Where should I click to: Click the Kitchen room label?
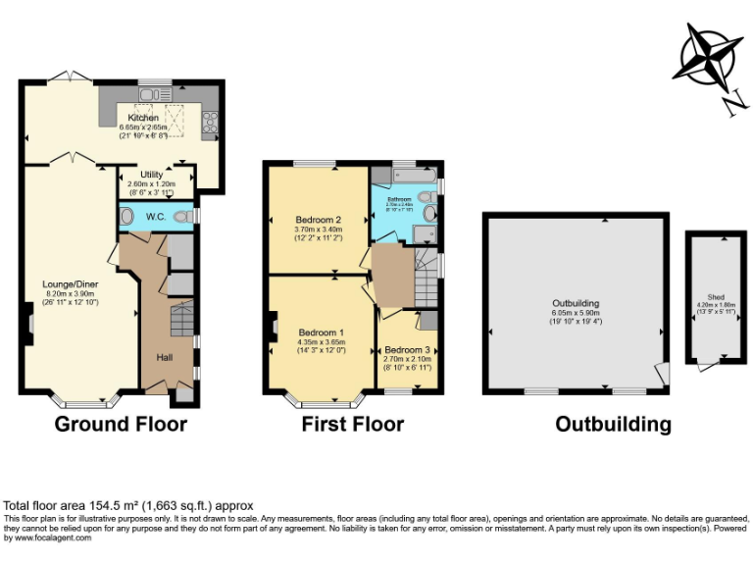143,118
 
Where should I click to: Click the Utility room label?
151,175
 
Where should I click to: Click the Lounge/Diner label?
67,284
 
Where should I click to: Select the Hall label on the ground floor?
165,357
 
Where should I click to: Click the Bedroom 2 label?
318,219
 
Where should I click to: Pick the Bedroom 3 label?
407,350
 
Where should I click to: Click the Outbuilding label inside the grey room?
576,304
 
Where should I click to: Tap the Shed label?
716,296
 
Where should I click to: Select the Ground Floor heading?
120,425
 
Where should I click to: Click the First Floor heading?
352,425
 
